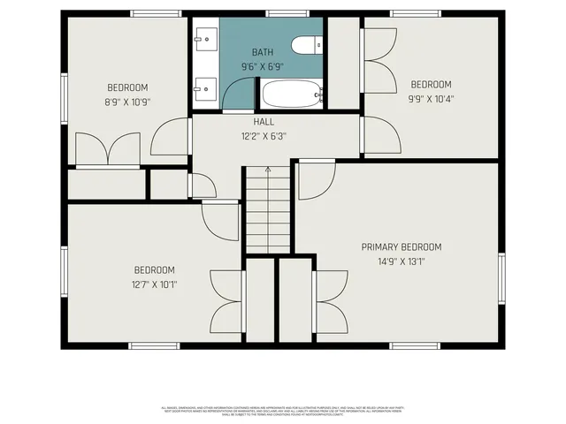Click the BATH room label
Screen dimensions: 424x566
[263, 53]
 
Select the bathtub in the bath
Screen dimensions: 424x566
[291, 94]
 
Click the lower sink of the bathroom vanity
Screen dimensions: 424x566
[207, 87]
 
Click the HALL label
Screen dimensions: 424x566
[264, 122]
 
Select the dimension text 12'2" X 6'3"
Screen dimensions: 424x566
[264, 136]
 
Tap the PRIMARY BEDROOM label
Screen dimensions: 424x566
[401, 246]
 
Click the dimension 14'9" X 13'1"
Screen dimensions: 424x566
[401, 261]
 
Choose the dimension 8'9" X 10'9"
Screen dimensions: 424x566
[127, 102]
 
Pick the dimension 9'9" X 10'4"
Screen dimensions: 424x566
[431, 98]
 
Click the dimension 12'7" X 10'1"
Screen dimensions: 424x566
[154, 284]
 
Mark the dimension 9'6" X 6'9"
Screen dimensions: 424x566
[263, 66]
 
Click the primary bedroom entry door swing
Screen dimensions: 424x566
[313, 180]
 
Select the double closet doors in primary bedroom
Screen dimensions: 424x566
[329, 300]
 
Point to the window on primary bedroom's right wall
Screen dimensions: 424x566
[501, 278]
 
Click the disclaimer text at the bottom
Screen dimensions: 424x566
[283, 410]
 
